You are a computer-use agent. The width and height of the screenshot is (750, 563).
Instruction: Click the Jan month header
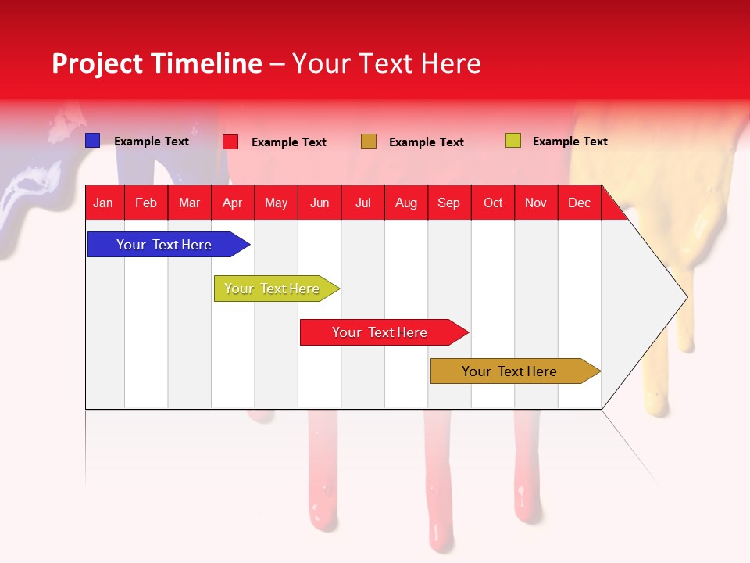coord(103,203)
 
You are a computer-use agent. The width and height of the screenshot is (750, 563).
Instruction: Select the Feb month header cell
coord(146,203)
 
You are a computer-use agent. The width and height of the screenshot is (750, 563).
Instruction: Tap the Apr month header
coord(233,203)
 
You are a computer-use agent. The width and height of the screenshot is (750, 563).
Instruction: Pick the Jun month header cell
coord(320,203)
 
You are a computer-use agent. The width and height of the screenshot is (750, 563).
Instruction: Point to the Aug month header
coord(406,203)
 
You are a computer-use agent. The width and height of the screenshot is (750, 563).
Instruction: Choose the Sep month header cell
coord(449,203)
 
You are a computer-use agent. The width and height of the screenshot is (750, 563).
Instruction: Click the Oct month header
coord(493,203)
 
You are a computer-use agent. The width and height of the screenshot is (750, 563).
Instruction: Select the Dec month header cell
coord(580,203)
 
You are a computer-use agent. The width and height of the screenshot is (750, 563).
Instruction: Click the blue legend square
coord(93,141)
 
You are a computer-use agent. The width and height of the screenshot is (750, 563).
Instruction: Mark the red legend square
coord(230,142)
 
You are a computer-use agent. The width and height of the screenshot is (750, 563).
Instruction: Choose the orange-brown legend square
coord(369,142)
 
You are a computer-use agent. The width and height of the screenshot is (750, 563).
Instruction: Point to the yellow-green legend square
coord(513,141)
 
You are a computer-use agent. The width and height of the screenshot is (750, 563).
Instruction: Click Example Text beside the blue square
coord(152,142)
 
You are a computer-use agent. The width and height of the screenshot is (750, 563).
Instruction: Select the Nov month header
coord(536,203)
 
